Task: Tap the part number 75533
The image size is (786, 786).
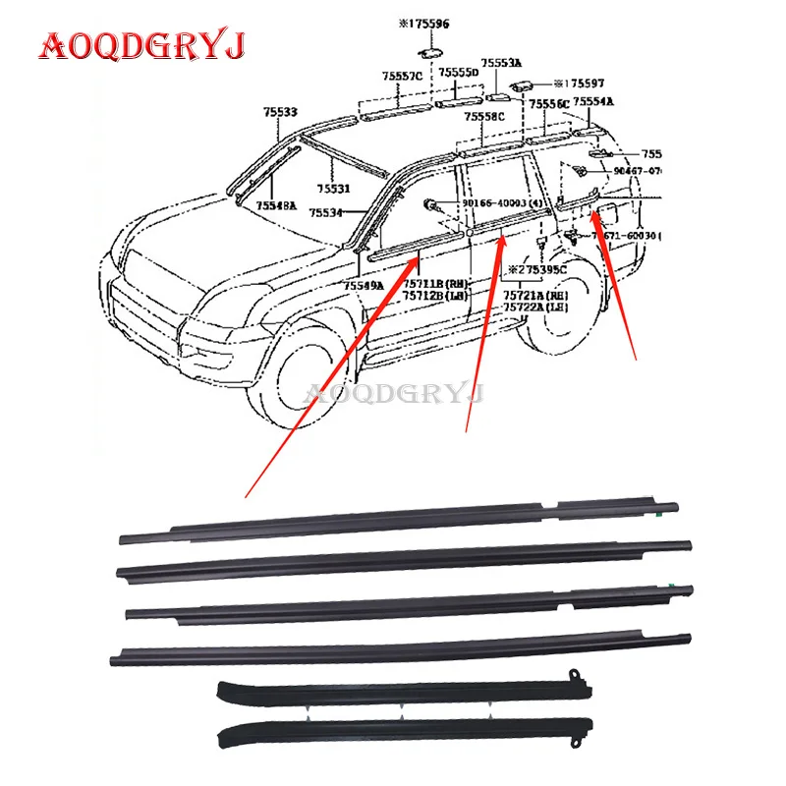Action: (280, 112)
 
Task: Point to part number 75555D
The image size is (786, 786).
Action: (458, 73)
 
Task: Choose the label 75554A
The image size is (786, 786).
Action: (593, 101)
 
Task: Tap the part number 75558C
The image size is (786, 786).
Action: (485, 116)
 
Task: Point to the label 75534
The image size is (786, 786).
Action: (325, 212)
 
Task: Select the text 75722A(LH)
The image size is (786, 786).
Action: (535, 307)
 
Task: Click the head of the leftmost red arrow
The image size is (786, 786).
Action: (417, 256)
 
